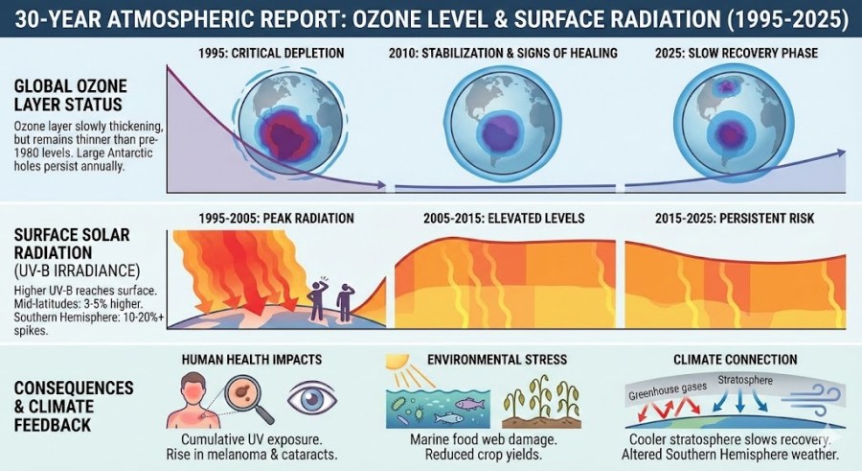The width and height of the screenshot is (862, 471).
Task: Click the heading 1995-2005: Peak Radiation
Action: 278,219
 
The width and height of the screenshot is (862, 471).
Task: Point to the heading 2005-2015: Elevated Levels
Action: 503,219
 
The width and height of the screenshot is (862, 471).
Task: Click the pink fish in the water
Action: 467,405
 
